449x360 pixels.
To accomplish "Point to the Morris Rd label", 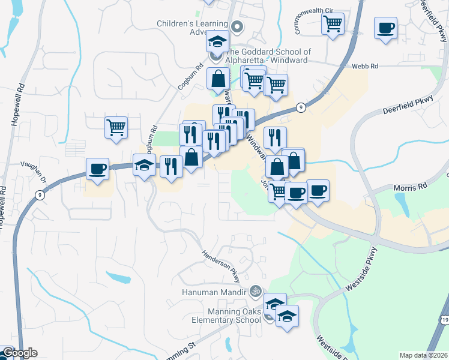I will [x=409, y=187].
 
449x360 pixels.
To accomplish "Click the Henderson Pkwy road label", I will [x=220, y=266].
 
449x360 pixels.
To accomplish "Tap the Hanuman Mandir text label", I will [x=215, y=292].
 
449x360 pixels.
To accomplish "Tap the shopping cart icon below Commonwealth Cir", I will [x=332, y=24].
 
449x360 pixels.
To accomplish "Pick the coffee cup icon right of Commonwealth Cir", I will [x=385, y=28].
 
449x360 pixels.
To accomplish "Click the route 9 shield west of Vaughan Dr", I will [x=39, y=194].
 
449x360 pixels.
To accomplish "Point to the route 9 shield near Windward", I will [x=301, y=107].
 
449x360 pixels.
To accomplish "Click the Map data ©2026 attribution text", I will [x=424, y=355].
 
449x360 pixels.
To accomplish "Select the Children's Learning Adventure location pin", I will [x=237, y=26].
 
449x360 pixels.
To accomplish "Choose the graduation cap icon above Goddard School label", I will [x=217, y=41].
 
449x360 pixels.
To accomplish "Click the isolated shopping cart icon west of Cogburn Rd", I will [x=116, y=127].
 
